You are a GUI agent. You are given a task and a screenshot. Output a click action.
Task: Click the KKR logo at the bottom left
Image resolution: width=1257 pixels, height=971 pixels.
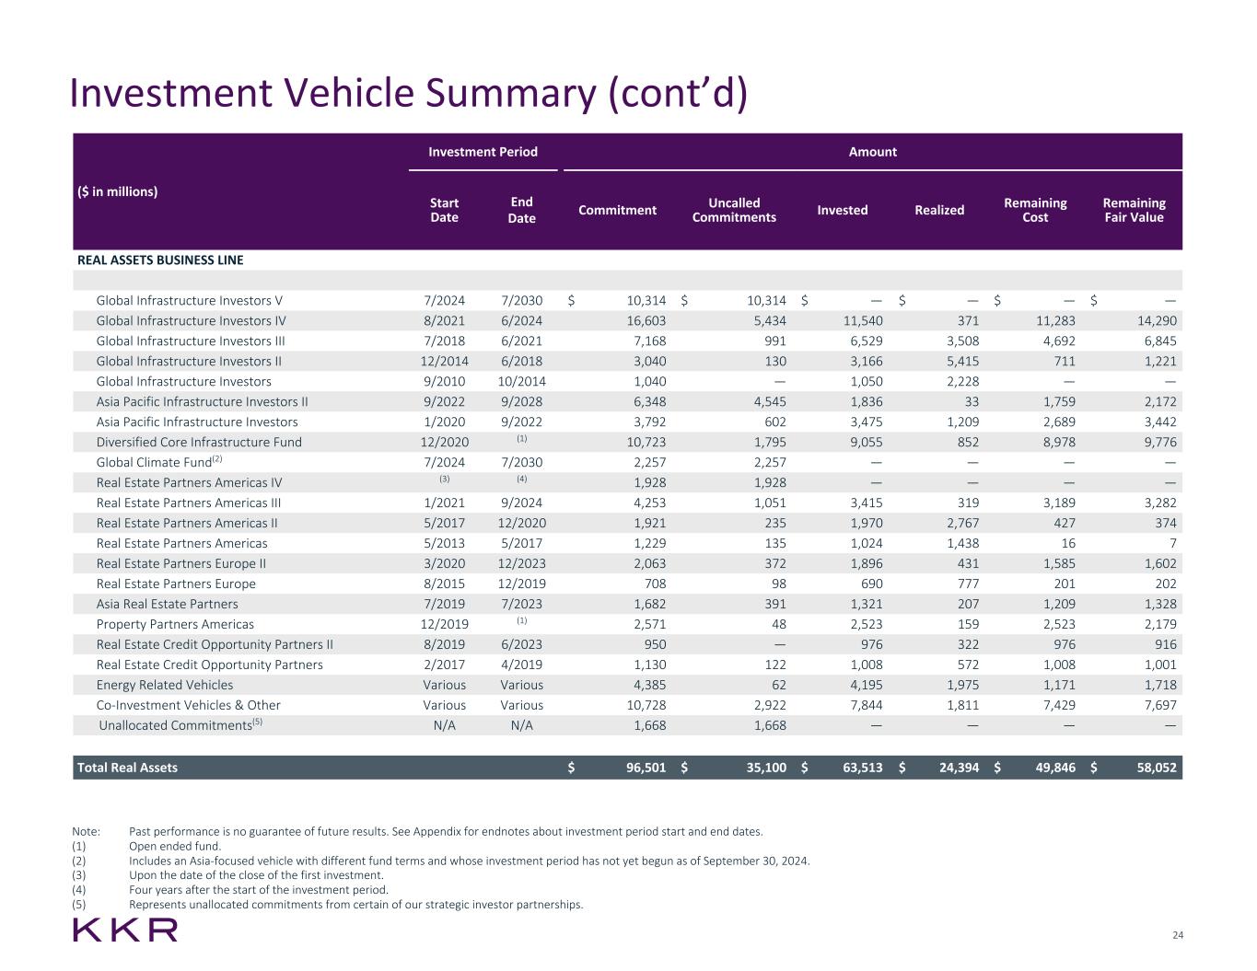125,930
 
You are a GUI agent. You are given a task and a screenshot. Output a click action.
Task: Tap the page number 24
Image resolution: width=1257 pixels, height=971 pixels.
1177,935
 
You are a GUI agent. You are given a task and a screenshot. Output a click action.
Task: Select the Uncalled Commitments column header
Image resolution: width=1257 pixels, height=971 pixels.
734,210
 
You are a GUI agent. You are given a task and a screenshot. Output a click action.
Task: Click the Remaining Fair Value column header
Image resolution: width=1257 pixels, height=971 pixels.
1133,210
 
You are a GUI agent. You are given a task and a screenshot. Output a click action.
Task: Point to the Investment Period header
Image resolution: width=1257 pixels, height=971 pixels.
483,152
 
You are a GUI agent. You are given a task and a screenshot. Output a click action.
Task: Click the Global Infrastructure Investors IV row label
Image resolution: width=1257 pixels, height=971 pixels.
191,321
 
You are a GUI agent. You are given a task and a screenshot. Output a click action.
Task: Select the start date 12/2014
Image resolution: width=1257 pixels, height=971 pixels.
444,362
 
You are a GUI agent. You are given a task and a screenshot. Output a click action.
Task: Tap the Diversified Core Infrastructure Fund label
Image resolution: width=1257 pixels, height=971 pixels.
199,443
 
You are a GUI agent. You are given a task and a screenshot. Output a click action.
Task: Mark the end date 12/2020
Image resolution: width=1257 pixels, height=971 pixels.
521,524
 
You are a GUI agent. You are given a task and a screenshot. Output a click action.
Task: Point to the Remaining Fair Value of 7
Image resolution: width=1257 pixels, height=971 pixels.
1172,544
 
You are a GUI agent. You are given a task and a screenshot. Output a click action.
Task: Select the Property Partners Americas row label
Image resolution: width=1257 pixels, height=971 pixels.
175,625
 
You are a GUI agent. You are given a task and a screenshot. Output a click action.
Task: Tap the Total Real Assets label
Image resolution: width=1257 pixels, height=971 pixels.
127,768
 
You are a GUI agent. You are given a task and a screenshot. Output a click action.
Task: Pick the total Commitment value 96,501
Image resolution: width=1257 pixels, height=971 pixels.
646,768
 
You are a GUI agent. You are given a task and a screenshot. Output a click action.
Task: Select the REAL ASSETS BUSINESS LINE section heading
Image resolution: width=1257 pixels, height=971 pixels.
160,260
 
